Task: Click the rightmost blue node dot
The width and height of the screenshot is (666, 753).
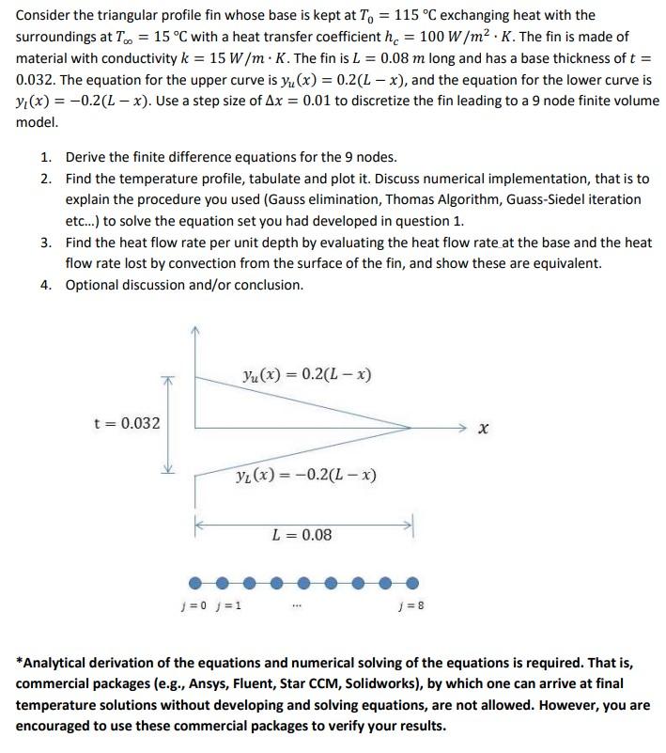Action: point(411,583)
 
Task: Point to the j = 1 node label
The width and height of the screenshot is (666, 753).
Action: point(229,604)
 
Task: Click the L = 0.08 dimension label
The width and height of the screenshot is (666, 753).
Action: point(301,535)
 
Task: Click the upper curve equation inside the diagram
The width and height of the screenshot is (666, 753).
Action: point(306,375)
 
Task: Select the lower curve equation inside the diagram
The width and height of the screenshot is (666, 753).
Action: point(305,474)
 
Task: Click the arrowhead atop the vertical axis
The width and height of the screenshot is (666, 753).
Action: point(195,330)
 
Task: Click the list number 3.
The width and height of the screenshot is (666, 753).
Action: point(47,243)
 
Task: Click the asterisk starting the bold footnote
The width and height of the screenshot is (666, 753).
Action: point(21,662)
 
